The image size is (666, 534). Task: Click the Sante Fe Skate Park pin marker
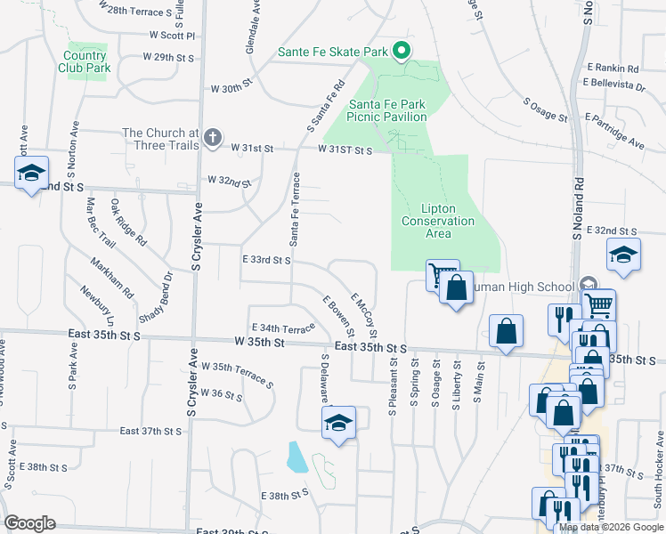tap(401, 52)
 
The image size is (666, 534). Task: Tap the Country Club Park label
tap(85, 61)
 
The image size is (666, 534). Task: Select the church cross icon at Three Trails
tap(211, 138)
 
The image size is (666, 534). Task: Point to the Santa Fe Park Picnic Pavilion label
tap(386, 110)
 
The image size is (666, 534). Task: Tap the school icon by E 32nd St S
tap(623, 255)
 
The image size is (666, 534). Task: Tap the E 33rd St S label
tap(267, 260)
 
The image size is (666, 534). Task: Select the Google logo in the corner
tap(29, 523)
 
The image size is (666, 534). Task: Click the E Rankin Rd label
tap(613, 68)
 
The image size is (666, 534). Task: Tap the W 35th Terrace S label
tap(238, 372)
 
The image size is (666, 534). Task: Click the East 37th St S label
tap(150, 431)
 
